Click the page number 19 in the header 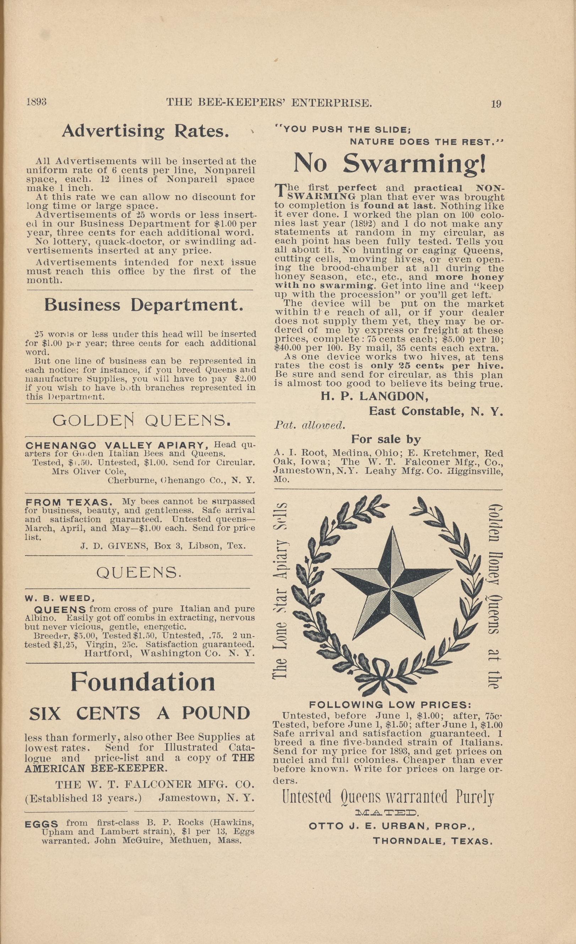tap(496, 104)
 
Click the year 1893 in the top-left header tap(36, 102)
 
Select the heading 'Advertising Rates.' tap(146, 131)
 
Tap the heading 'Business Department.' tap(143, 305)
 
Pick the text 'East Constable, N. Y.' tap(435, 412)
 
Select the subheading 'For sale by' tap(386, 439)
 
